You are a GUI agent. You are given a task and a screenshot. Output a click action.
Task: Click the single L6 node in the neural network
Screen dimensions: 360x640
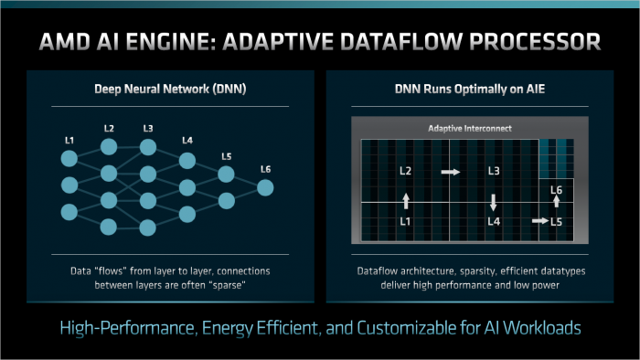(265, 187)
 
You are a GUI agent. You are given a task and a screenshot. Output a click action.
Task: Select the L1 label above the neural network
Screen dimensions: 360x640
(69, 139)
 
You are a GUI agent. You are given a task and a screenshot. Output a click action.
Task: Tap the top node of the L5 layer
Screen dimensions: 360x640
(227, 175)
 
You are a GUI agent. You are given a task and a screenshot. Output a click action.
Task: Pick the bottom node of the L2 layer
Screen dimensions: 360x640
(109, 226)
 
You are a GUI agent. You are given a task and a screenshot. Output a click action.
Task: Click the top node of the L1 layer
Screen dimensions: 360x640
(69, 159)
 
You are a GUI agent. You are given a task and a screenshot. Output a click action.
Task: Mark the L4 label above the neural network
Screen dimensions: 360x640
(187, 141)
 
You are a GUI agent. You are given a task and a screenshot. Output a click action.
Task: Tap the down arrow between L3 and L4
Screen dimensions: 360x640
(494, 201)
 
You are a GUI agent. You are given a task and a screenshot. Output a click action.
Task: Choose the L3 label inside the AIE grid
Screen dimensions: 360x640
(494, 171)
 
